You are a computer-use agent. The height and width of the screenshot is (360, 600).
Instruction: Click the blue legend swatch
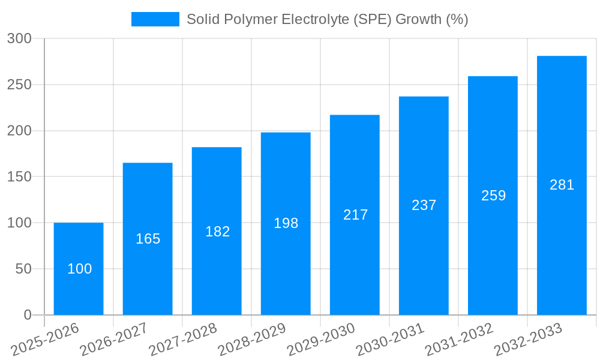point(155,19)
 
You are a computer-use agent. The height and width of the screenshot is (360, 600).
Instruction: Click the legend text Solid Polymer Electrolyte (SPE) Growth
point(327,19)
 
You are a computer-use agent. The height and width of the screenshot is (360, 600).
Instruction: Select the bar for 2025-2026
point(79,269)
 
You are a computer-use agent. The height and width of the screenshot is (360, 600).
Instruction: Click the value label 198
point(286,223)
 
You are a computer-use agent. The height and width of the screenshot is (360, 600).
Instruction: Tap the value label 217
point(355,215)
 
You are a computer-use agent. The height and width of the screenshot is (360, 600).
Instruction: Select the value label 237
point(424,205)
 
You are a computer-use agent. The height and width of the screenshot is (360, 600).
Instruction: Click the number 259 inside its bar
point(493,196)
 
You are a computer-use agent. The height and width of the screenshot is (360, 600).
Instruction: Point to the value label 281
point(562,185)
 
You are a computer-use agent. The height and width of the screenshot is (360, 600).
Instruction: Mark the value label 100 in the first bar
point(79,269)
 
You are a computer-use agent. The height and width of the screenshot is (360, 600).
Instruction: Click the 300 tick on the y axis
point(19,38)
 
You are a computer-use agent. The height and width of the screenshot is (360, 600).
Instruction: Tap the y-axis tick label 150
point(19,177)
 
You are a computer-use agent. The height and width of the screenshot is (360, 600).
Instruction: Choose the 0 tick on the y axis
point(27,315)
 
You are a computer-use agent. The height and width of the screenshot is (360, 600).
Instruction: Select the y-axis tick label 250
point(19,85)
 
